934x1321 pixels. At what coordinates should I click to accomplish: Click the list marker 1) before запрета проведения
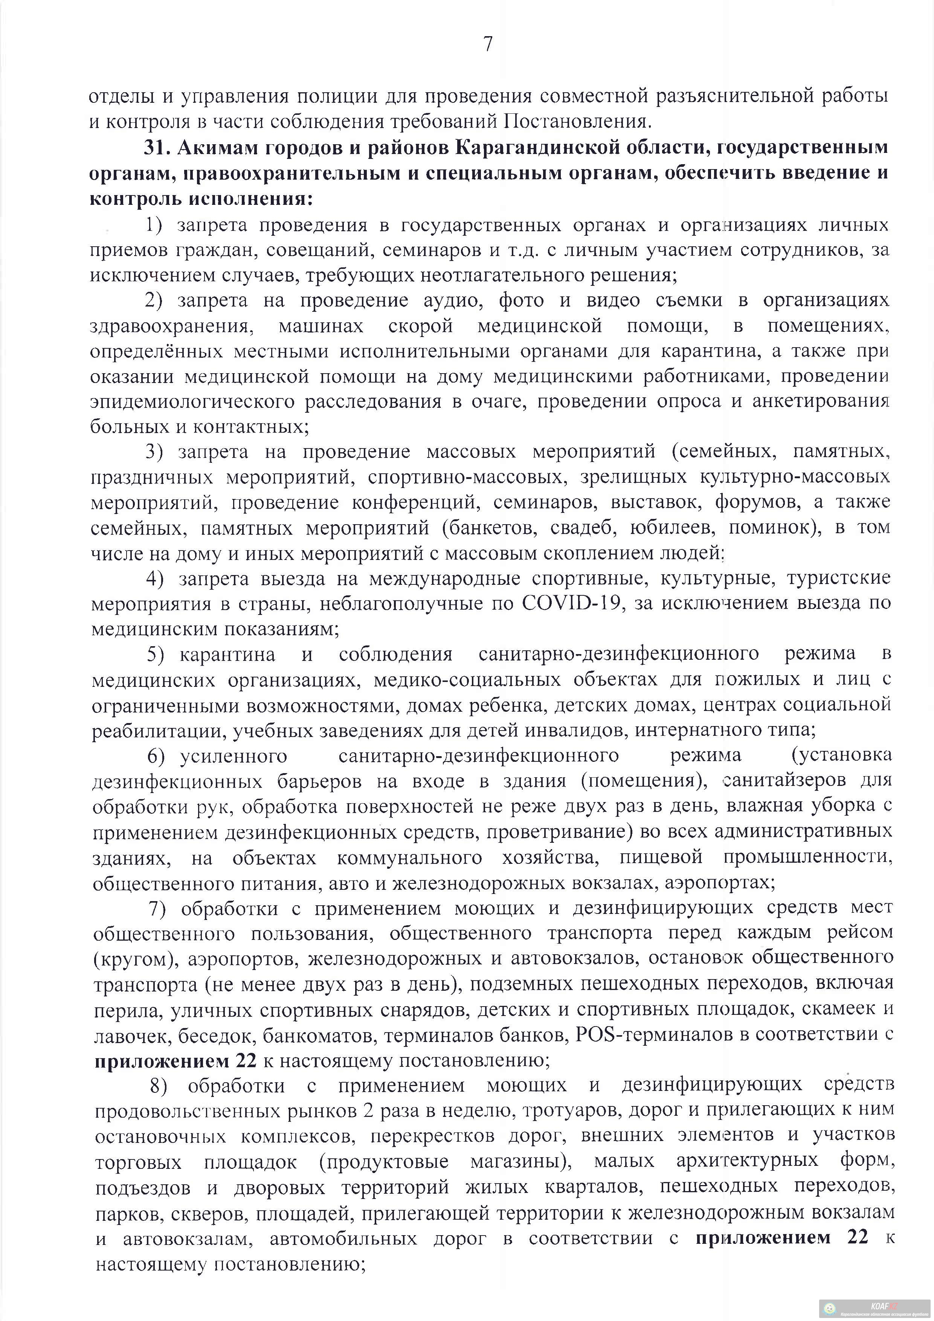pyautogui.click(x=156, y=224)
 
